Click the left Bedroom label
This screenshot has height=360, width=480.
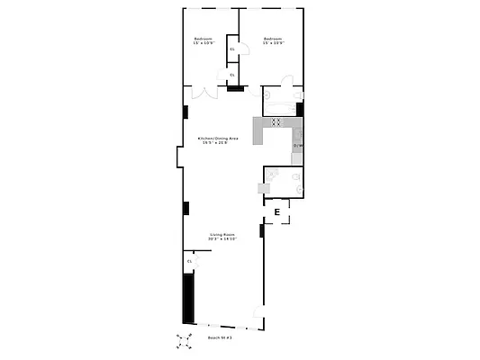(203, 39)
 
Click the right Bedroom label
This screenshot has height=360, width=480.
(273, 39)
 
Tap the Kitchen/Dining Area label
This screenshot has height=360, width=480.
(218, 139)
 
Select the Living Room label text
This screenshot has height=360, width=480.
(222, 234)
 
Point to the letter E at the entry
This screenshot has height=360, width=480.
(277, 212)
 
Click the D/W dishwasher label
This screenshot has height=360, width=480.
(298, 144)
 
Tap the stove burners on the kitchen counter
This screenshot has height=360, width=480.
(278, 121)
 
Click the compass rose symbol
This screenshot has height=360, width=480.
(184, 340)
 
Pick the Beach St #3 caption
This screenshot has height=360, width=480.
(220, 337)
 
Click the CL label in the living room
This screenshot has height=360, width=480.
(189, 261)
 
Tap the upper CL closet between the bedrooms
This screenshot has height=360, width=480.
(231, 49)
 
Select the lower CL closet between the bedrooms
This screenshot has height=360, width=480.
(231, 75)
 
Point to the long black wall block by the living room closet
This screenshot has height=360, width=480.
(188, 296)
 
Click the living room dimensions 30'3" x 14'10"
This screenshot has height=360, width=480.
(222, 239)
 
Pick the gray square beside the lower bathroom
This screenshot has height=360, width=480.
(262, 187)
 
